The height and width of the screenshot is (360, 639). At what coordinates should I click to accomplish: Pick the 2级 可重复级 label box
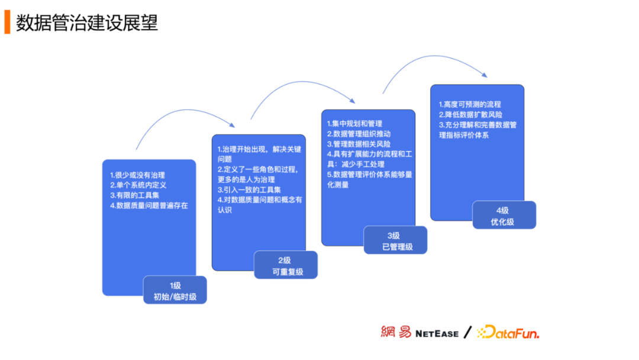click(x=286, y=265)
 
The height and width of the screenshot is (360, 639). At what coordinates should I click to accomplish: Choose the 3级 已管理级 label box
click(x=395, y=240)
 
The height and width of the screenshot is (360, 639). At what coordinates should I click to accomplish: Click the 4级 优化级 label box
click(x=504, y=216)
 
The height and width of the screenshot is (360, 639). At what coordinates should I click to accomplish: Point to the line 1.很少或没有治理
click(x=137, y=175)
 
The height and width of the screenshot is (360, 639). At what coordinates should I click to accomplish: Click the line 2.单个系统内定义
click(x=138, y=185)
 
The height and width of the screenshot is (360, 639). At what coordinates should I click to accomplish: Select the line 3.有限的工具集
click(x=134, y=195)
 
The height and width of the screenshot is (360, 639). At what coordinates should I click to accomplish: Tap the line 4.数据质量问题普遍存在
click(x=149, y=205)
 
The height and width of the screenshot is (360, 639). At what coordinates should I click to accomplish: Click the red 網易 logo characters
click(x=396, y=332)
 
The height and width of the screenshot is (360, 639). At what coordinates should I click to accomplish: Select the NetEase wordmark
click(x=437, y=333)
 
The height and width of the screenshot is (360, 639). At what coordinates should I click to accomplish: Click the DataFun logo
click(x=508, y=333)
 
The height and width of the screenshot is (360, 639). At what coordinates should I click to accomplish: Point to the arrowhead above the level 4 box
click(x=485, y=75)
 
